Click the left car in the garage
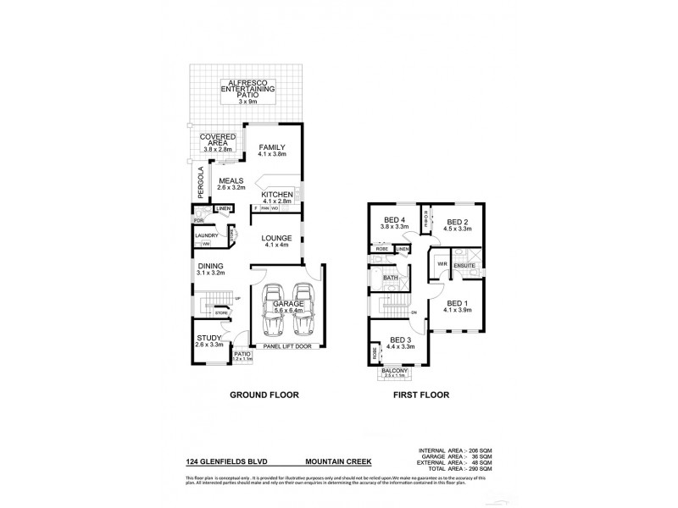pos(276,311)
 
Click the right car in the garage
pos(305,311)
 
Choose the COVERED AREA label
pos(217,141)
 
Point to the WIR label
pos(442,264)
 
